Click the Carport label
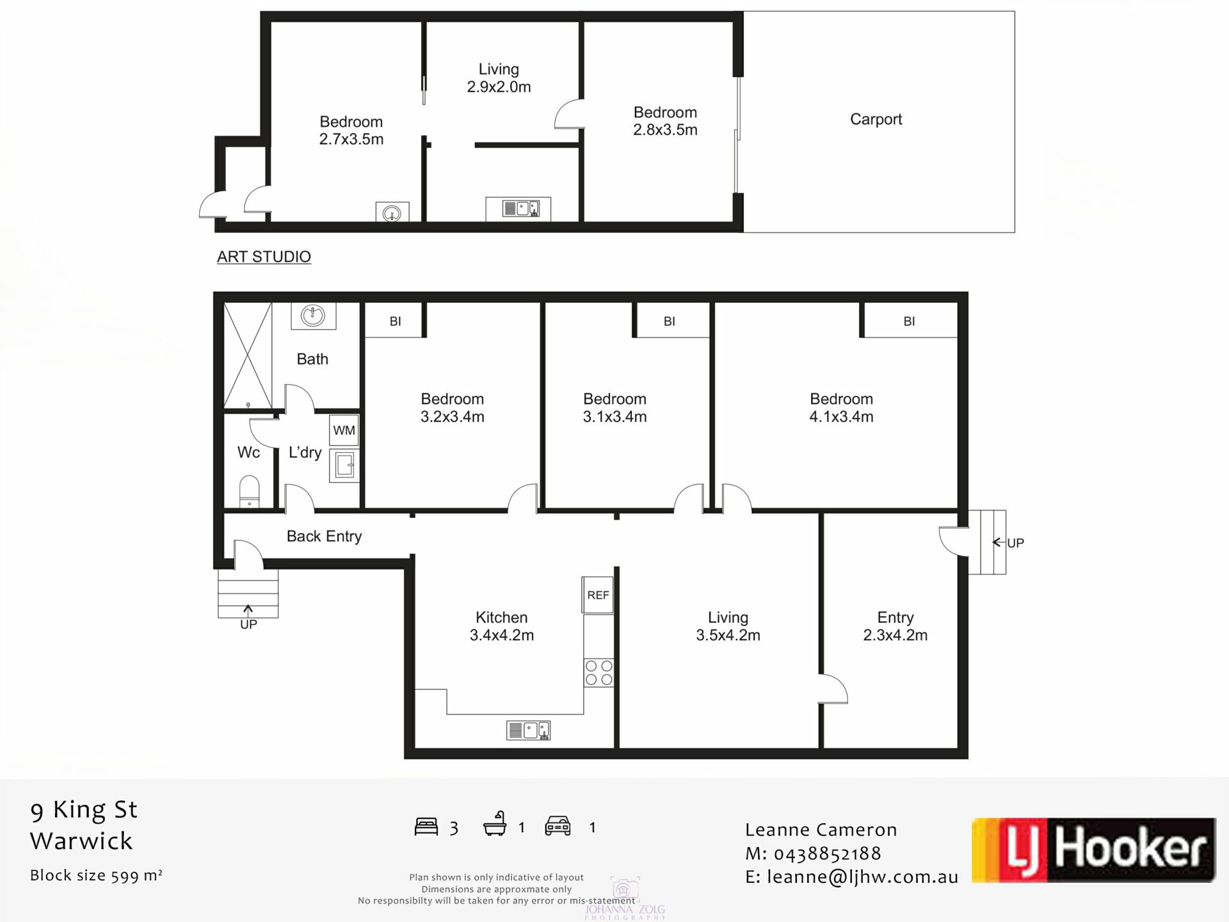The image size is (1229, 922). point(876,119)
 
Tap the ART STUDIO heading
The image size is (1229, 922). point(264,257)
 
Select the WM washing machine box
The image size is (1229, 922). point(344,430)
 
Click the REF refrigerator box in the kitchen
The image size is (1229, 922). point(598,595)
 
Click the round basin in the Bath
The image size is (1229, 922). point(313,315)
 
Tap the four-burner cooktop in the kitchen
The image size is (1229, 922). point(598,673)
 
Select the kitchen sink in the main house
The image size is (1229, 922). point(528,730)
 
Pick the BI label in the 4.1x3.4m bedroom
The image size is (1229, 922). point(909,321)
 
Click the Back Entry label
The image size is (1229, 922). point(324,536)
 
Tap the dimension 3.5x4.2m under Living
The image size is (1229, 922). point(728,635)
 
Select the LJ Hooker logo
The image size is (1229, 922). point(1093,850)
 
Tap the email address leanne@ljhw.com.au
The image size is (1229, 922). point(862,877)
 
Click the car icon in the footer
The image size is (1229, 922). point(558,826)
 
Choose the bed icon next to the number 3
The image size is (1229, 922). point(426,827)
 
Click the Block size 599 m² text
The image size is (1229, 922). point(96,875)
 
